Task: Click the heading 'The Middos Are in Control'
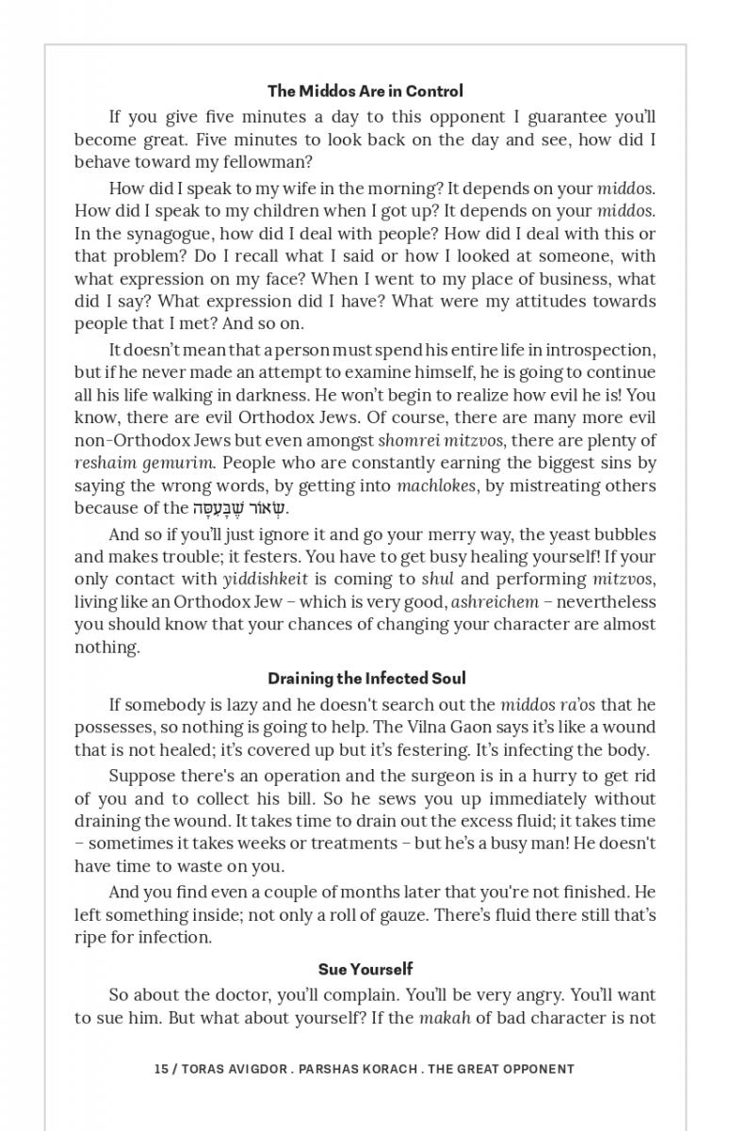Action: [365, 91]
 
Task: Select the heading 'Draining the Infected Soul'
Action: [365, 679]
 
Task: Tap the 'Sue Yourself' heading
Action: [365, 969]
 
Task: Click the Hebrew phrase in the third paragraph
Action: [239, 509]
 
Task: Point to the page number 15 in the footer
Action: [160, 1070]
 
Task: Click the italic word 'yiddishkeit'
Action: [268, 580]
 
